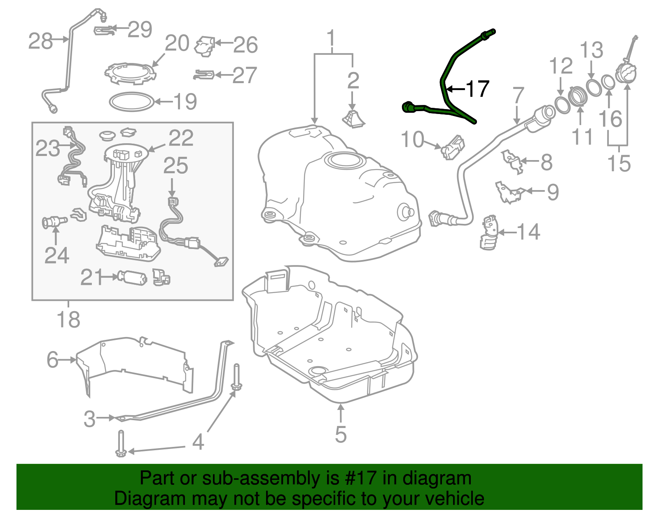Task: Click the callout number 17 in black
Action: [477, 88]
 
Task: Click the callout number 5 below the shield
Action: [341, 434]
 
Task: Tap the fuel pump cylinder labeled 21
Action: [132, 278]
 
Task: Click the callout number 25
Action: [176, 165]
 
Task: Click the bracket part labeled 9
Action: [509, 192]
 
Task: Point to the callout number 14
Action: [528, 232]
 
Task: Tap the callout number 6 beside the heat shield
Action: [52, 360]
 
